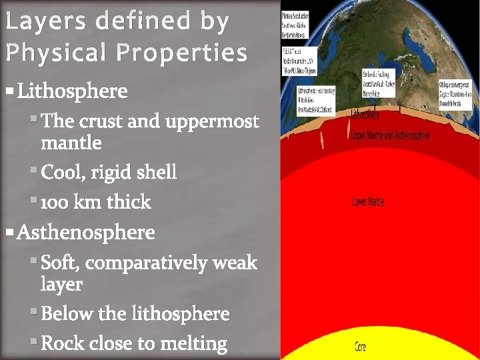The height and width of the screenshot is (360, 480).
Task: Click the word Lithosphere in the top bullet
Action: point(72,91)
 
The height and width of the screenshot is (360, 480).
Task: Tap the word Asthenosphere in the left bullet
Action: point(85,233)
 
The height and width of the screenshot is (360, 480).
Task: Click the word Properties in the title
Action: point(182,52)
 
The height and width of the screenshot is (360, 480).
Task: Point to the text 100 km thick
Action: point(96,202)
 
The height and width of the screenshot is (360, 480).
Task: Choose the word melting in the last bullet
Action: point(195,343)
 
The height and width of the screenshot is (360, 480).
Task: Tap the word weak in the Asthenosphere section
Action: point(234,263)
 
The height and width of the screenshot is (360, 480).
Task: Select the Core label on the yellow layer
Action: point(360,347)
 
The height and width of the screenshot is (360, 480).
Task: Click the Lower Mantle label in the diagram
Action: point(368,201)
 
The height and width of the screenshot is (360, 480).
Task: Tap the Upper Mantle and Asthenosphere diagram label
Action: point(391,135)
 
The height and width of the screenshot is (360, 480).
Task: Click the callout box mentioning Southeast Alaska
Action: point(299,23)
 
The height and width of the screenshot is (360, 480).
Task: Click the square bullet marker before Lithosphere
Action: point(10,90)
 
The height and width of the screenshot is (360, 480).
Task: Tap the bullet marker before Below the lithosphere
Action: point(34,312)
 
